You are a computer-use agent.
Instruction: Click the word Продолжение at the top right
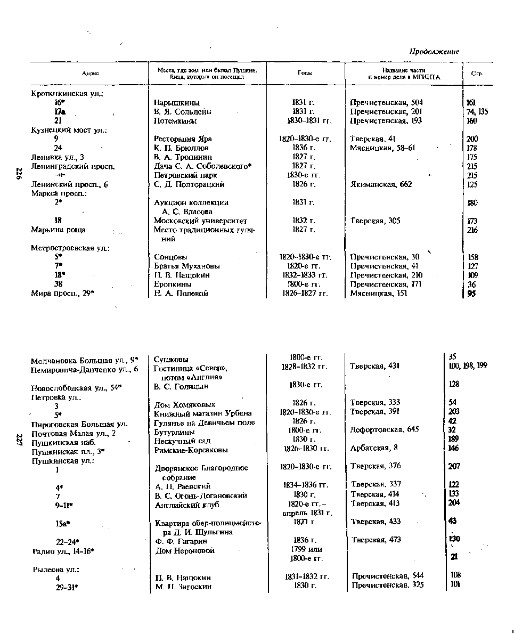434,52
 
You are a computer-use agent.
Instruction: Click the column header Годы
305,74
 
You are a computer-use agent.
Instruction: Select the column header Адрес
90,74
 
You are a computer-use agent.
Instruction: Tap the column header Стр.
477,74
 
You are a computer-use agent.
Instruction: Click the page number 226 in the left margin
19,174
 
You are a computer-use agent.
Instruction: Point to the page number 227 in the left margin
19,440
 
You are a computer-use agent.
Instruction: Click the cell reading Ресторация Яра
179,139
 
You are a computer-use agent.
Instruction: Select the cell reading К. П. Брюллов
181,148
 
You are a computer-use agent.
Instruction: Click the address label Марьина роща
58,230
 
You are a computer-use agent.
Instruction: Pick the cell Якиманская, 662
381,184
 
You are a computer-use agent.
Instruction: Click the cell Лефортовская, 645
385,429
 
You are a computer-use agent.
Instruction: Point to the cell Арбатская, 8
374,448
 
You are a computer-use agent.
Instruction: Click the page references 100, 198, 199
468,365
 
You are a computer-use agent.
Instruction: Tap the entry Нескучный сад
182,441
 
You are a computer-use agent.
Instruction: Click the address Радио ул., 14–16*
63,550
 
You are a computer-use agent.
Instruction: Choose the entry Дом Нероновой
185,550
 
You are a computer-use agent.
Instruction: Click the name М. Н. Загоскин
183,586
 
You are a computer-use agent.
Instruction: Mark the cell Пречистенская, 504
386,102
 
